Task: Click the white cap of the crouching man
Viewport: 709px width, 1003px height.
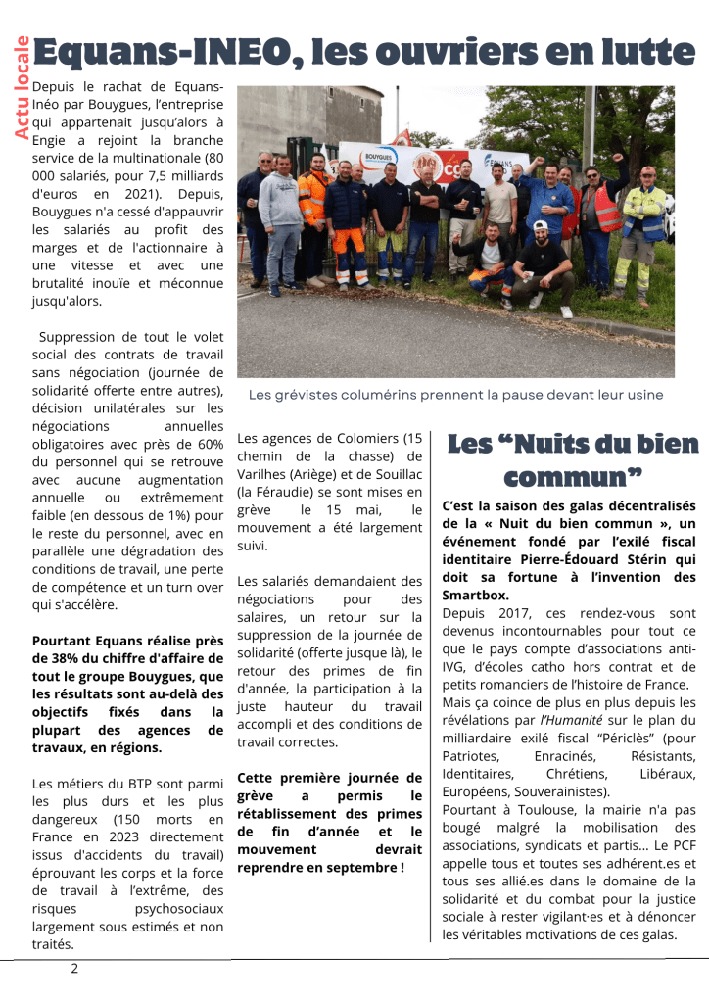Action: [541, 226]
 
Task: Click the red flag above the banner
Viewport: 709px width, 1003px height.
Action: [402, 136]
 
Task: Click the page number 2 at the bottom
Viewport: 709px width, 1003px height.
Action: [74, 969]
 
